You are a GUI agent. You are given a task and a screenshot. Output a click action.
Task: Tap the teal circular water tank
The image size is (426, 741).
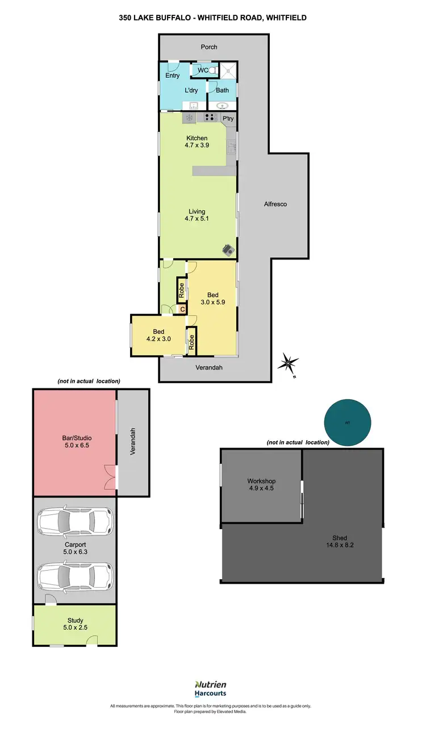(x=347, y=423)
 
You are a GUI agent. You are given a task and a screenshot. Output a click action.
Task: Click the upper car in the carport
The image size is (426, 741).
(x=75, y=521)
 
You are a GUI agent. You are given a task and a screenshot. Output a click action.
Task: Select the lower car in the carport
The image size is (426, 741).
(x=75, y=576)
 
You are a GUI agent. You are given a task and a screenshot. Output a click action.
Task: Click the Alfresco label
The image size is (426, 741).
(x=275, y=204)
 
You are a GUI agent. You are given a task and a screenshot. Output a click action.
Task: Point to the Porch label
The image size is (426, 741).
(x=209, y=47)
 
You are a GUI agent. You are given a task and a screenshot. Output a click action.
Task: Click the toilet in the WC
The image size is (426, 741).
(x=212, y=71)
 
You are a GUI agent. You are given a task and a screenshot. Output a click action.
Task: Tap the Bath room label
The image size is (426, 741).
(x=222, y=90)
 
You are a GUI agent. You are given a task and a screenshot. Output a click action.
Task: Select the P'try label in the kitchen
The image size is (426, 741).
(x=228, y=119)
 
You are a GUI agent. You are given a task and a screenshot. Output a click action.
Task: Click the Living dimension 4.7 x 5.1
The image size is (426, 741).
(x=197, y=219)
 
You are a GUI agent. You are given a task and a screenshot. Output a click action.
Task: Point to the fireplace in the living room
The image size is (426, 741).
(x=228, y=249)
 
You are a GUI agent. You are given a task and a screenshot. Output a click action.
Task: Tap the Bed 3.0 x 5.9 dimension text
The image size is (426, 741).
(x=212, y=303)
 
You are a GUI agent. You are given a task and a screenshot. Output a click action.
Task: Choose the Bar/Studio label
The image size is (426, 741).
(x=77, y=438)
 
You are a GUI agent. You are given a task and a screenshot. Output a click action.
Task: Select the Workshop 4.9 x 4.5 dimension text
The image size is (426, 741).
(x=261, y=488)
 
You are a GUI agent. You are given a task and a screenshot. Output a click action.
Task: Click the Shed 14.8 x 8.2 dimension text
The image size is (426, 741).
(x=340, y=545)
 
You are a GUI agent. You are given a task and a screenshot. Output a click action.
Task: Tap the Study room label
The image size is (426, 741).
(x=75, y=621)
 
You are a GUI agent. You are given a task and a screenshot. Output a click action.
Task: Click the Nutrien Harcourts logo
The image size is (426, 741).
(x=211, y=689)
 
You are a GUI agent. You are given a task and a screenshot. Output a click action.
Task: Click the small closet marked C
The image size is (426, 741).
(x=182, y=309)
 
